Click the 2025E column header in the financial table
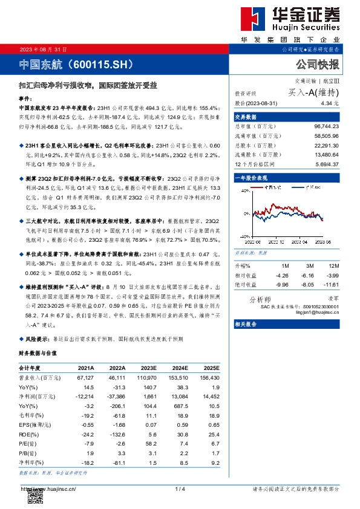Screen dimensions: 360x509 (x=211, y=368)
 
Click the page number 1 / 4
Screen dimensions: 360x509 (x=179, y=488)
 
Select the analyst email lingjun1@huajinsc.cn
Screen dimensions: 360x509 (x=319, y=313)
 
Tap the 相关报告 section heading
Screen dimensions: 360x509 (x=246, y=325)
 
